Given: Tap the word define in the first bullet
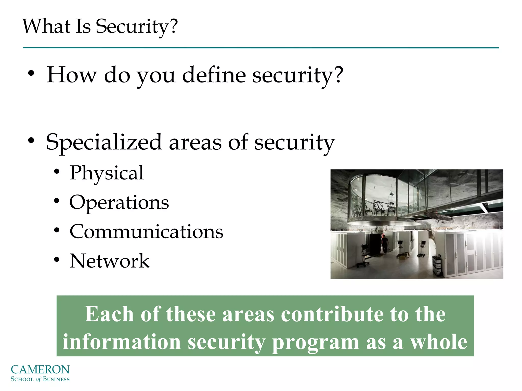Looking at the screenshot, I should point(214,75).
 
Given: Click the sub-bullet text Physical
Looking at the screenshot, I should point(107,173).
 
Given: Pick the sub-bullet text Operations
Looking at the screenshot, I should point(119,203).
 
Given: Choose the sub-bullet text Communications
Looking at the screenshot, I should point(146,232).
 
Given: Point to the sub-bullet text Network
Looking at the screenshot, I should point(109,261).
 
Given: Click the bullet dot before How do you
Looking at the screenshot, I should point(31,74).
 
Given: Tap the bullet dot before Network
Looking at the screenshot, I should point(57,260).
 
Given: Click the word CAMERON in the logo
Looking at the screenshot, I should point(40,370).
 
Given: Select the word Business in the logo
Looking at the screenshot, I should point(56,379).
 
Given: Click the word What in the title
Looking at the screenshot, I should point(46,26).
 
